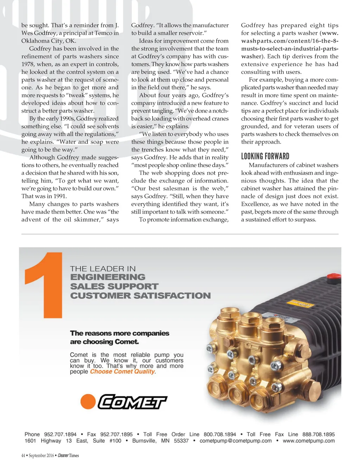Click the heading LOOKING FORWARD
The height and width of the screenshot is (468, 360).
[265, 156]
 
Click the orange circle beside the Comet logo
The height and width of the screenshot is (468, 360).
[88, 402]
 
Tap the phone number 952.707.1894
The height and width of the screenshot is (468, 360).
[60, 434]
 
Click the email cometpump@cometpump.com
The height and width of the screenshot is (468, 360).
[236, 441]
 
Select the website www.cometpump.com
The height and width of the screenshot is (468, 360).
[309, 441]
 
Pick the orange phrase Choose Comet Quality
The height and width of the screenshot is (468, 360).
[123, 372]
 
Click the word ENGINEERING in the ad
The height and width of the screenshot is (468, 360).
[108, 277]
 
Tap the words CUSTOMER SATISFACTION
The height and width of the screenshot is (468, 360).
[140, 296]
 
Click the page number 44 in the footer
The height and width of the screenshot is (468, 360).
[23, 455]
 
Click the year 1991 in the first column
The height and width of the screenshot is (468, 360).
[59, 196]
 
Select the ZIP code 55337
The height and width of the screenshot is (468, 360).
[181, 441]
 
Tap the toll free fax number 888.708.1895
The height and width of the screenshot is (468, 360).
[319, 434]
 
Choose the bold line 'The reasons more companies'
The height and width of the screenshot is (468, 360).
[120, 333]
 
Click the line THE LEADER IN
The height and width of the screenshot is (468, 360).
[103, 268]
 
